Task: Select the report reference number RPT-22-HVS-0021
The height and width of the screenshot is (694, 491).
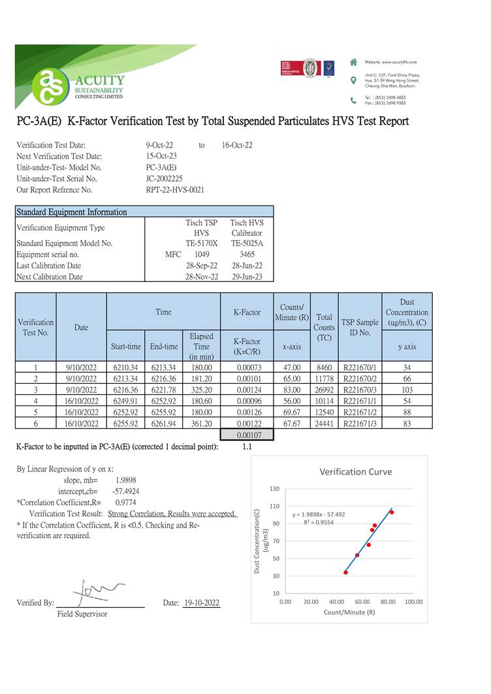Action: click(175, 190)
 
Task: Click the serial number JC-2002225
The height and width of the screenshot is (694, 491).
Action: click(165, 178)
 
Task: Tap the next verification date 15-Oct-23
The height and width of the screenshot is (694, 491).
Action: click(161, 156)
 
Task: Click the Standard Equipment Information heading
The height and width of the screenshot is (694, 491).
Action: click(71, 212)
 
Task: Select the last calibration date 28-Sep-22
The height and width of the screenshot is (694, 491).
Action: click(201, 266)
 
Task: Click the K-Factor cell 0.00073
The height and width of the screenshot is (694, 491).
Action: click(247, 368)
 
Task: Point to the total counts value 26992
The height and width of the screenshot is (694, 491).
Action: click(324, 390)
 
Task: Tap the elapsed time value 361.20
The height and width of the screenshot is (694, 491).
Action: click(201, 424)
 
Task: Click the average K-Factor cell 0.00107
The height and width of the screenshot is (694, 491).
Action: click(247, 435)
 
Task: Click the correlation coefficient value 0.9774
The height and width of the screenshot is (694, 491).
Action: click(125, 503)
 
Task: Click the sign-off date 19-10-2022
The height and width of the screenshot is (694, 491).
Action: click(202, 603)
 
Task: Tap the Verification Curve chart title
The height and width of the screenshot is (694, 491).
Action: click(355, 471)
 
